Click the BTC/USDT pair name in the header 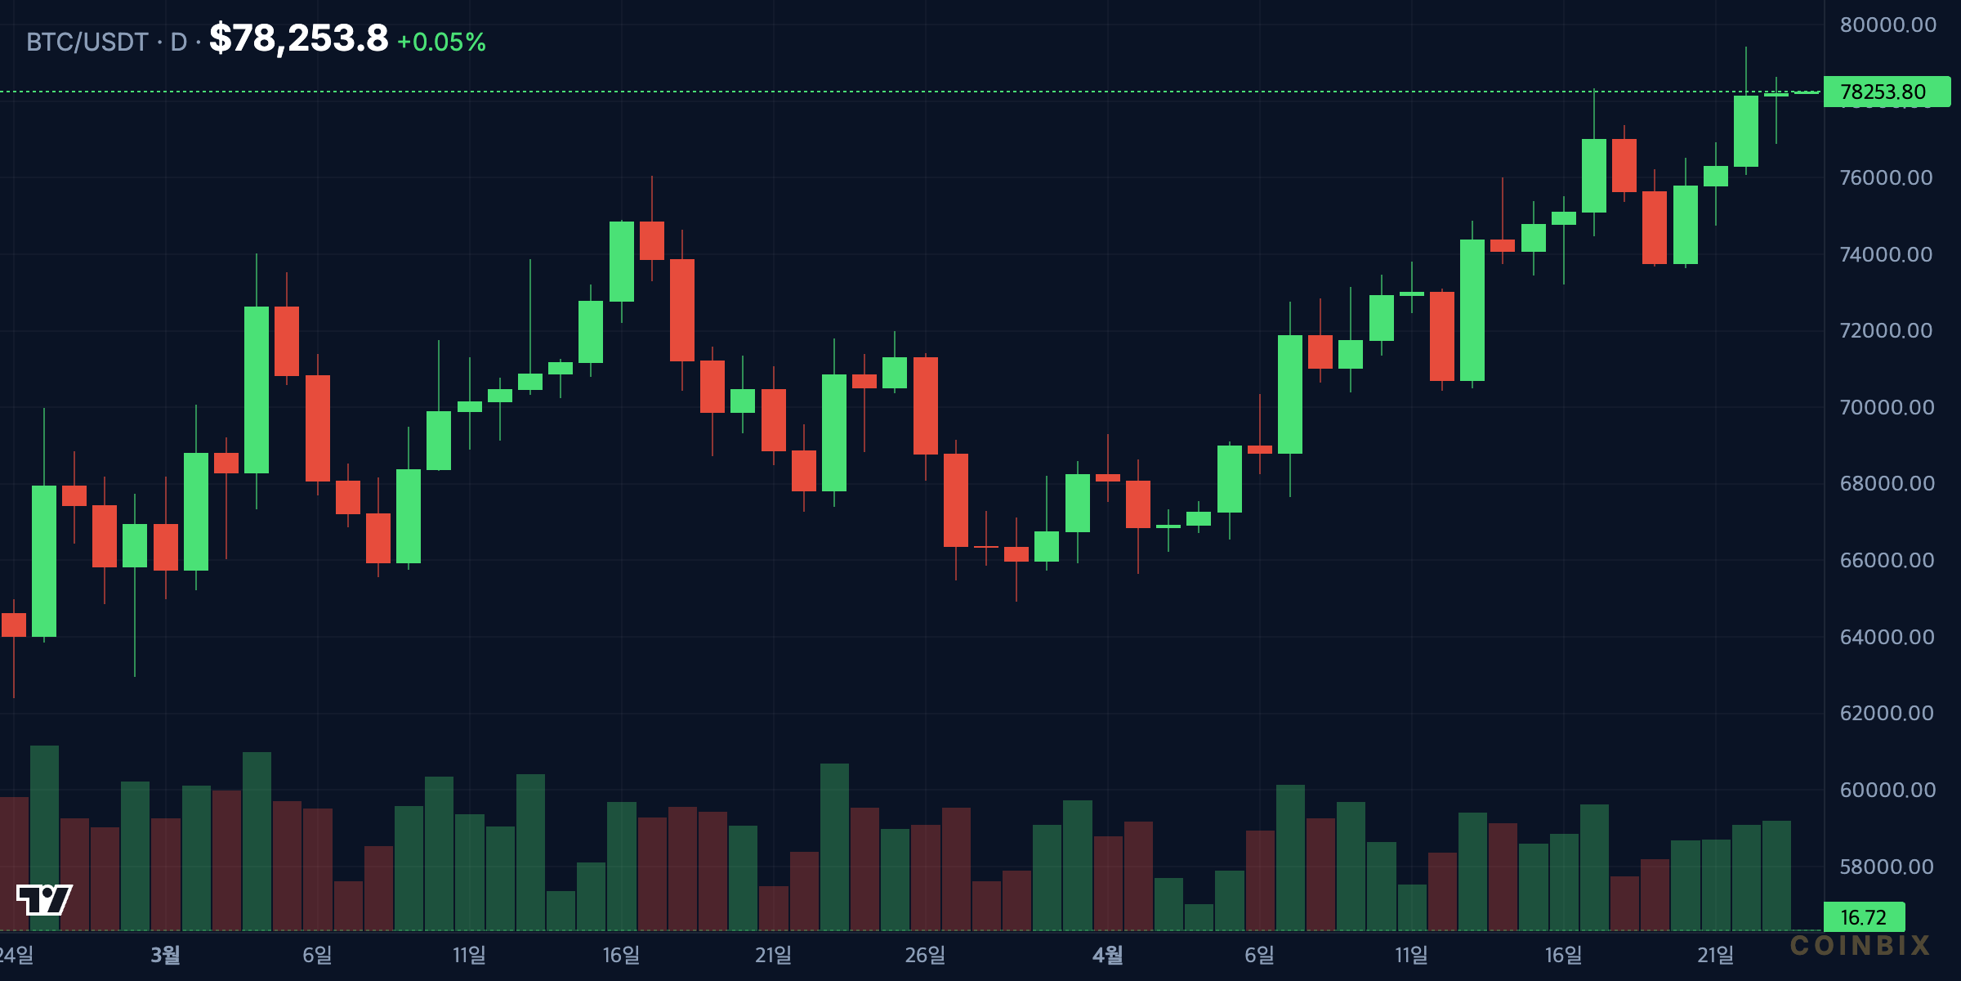click(87, 42)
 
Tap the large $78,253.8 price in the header click(299, 38)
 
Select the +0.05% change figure click(441, 42)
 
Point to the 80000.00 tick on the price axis click(1887, 25)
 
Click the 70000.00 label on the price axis click(1887, 407)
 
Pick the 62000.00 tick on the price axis click(1887, 713)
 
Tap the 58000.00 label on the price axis click(1887, 867)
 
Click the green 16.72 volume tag click(1864, 917)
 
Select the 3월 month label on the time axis click(166, 955)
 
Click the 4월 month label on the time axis click(1108, 955)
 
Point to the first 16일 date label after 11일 click(621, 955)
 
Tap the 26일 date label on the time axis click(925, 955)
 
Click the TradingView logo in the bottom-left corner click(44, 899)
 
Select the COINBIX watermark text click(1860, 946)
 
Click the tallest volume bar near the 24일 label click(44, 838)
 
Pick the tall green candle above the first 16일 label click(622, 262)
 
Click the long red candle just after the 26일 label click(956, 500)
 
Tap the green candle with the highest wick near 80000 click(1746, 131)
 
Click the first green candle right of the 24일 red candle click(44, 561)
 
